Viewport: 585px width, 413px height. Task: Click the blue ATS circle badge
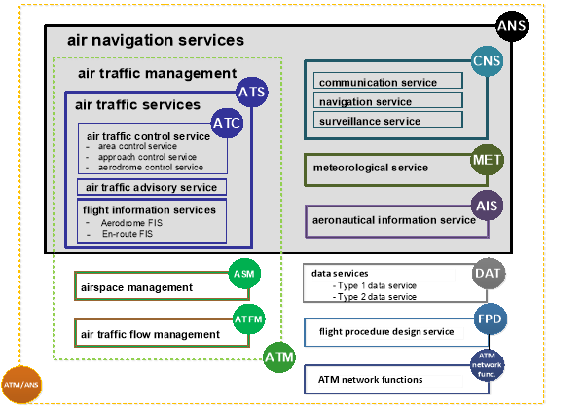pos(251,94)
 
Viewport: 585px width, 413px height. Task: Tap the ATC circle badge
pos(227,124)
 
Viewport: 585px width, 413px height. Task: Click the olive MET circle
pos(487,159)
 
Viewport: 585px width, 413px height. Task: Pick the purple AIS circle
pos(487,206)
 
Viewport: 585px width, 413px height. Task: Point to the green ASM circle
pos(243,275)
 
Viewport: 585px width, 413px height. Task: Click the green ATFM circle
pos(249,318)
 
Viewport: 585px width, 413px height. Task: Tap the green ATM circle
pos(279,357)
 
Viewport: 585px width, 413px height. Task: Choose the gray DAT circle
pos(489,275)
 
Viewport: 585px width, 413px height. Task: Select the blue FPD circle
pos(490,319)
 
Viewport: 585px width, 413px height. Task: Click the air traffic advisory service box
pos(152,187)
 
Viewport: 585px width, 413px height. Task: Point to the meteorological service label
pos(371,168)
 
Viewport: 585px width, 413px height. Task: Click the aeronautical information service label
pos(393,220)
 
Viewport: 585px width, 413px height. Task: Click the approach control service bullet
pos(140,157)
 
